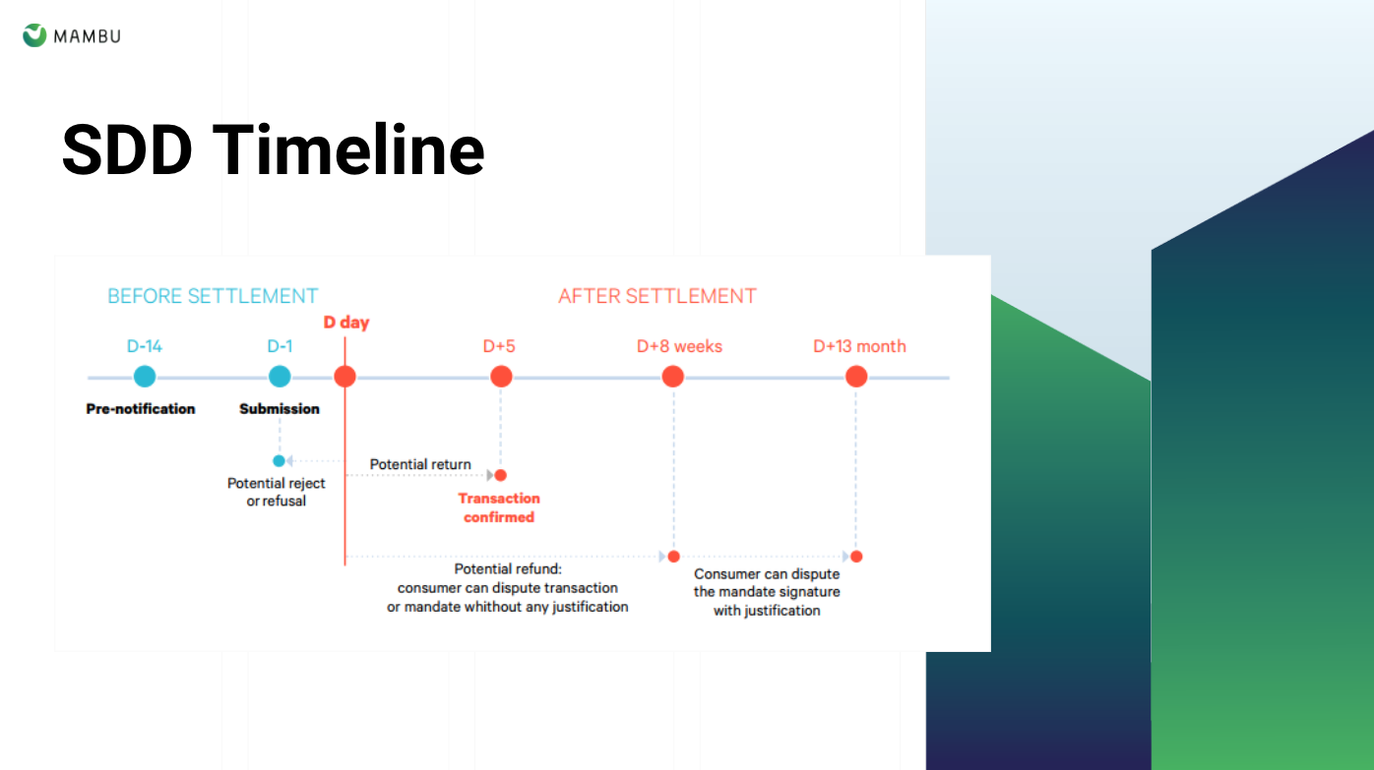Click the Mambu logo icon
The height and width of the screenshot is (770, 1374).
pyautogui.click(x=34, y=36)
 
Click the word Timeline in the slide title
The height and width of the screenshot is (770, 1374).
pyautogui.click(x=348, y=150)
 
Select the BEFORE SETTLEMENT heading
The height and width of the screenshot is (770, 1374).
pyautogui.click(x=213, y=296)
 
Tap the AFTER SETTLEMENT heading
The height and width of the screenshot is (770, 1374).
pyautogui.click(x=656, y=296)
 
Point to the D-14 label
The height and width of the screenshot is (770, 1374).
pyautogui.click(x=145, y=346)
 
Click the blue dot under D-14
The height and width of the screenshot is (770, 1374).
pyautogui.click(x=145, y=376)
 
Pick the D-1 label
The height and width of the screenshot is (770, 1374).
pyautogui.click(x=280, y=346)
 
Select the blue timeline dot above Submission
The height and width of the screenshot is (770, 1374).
pyautogui.click(x=280, y=376)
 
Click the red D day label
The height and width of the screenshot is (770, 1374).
pyautogui.click(x=346, y=323)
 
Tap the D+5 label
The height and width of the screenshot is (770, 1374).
pyautogui.click(x=499, y=346)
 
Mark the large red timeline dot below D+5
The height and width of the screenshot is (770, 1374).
pyautogui.click(x=501, y=376)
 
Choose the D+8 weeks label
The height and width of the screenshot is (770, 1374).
pyautogui.click(x=679, y=346)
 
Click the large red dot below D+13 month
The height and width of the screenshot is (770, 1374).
pyautogui.click(x=856, y=376)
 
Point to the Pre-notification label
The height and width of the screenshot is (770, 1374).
pyautogui.click(x=141, y=409)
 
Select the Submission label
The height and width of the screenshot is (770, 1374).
pyautogui.click(x=280, y=409)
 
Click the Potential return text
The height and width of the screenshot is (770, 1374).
pyautogui.click(x=420, y=464)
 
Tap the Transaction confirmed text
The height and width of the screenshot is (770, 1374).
pyautogui.click(x=499, y=507)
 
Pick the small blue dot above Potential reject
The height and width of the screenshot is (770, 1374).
pyautogui.click(x=279, y=460)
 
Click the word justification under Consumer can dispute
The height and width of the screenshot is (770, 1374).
pyautogui.click(x=782, y=611)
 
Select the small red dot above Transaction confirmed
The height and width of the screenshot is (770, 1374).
pyautogui.click(x=501, y=476)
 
